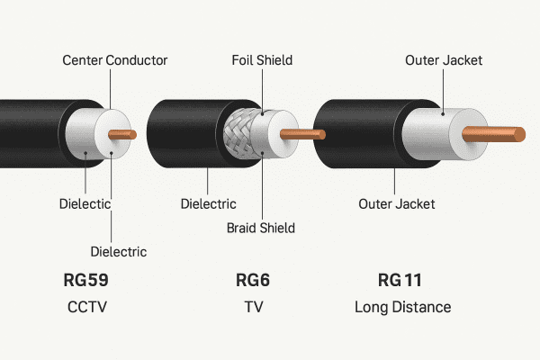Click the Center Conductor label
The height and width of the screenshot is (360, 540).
[x=114, y=60]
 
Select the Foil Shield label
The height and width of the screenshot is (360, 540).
[x=262, y=60]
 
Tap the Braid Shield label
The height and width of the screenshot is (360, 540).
[x=262, y=228]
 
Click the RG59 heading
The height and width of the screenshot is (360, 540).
[x=86, y=279]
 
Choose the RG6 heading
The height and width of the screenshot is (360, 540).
[x=253, y=279]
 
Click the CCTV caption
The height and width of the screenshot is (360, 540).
[x=86, y=308]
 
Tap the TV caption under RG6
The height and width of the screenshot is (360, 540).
[x=253, y=308]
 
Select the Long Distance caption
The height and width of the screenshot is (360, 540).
[x=403, y=308]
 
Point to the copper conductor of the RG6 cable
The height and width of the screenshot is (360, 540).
[x=302, y=134]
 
